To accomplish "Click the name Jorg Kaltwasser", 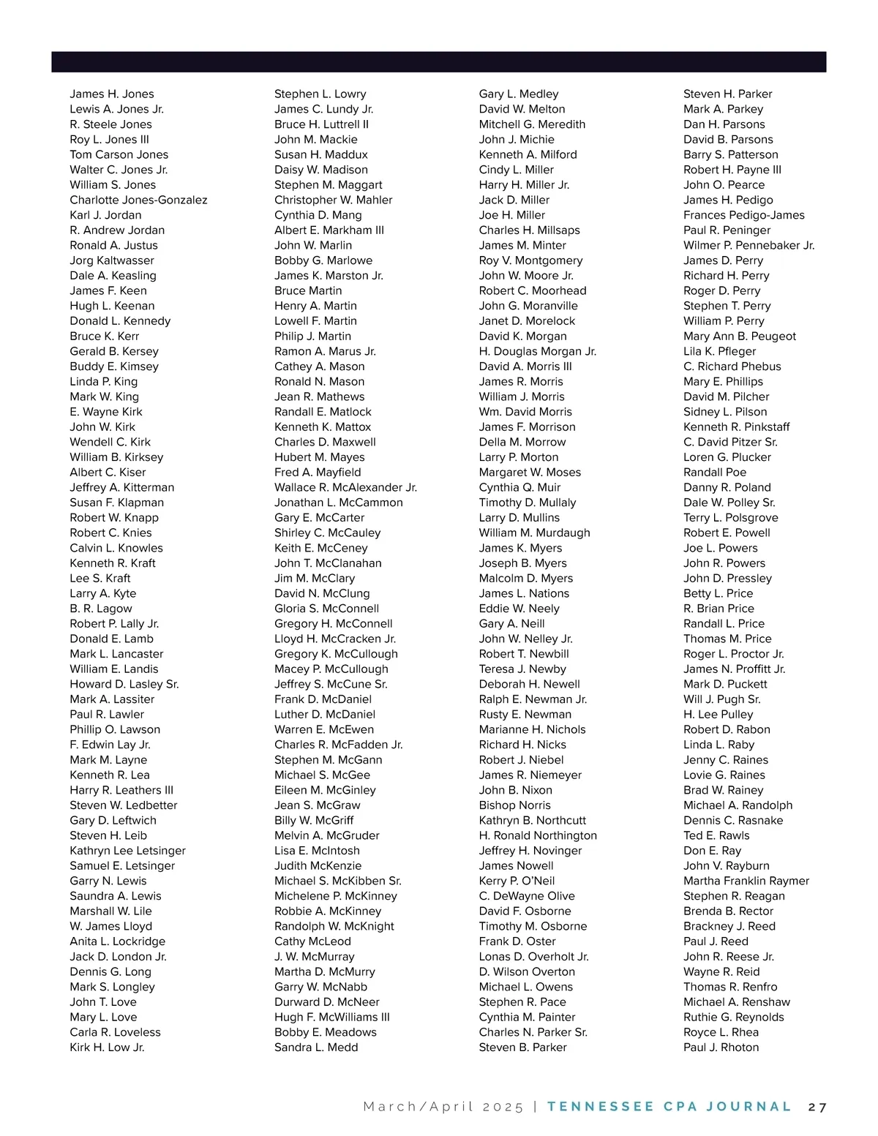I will tap(112, 260).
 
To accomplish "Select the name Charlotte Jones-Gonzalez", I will tap(138, 200).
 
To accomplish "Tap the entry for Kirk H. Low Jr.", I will tap(107, 1047).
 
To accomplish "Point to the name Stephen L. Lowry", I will tap(320, 94).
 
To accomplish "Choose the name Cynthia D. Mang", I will tap(318, 215).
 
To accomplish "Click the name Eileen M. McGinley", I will tap(325, 790).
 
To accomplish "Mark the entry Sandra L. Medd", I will tap(316, 1047).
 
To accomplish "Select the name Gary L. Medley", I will tap(518, 94).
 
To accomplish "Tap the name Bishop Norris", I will tap(514, 805).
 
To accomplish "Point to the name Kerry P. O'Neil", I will tap(517, 881).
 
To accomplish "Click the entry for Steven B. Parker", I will tap(522, 1047).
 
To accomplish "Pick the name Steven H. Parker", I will tap(727, 94).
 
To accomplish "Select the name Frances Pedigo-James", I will tap(743, 215).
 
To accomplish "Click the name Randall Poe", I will tap(715, 473).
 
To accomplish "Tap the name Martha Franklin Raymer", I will tap(746, 881).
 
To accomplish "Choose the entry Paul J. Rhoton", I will tap(721, 1047).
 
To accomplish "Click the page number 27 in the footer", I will tap(817, 1107).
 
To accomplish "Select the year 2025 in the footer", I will tap(503, 1107).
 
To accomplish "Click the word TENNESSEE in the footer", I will tap(600, 1107).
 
